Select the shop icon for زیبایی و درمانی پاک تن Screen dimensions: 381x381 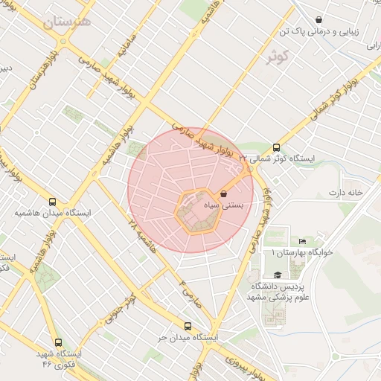click(x=319, y=20)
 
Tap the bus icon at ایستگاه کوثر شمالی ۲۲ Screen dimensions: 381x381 click(x=277, y=147)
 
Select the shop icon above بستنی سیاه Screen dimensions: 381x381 click(x=224, y=193)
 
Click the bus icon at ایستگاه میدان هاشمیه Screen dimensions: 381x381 click(x=52, y=201)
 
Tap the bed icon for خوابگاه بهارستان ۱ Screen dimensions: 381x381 click(x=301, y=241)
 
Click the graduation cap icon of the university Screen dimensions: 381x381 click(x=277, y=275)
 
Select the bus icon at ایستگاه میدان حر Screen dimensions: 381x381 click(x=187, y=326)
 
